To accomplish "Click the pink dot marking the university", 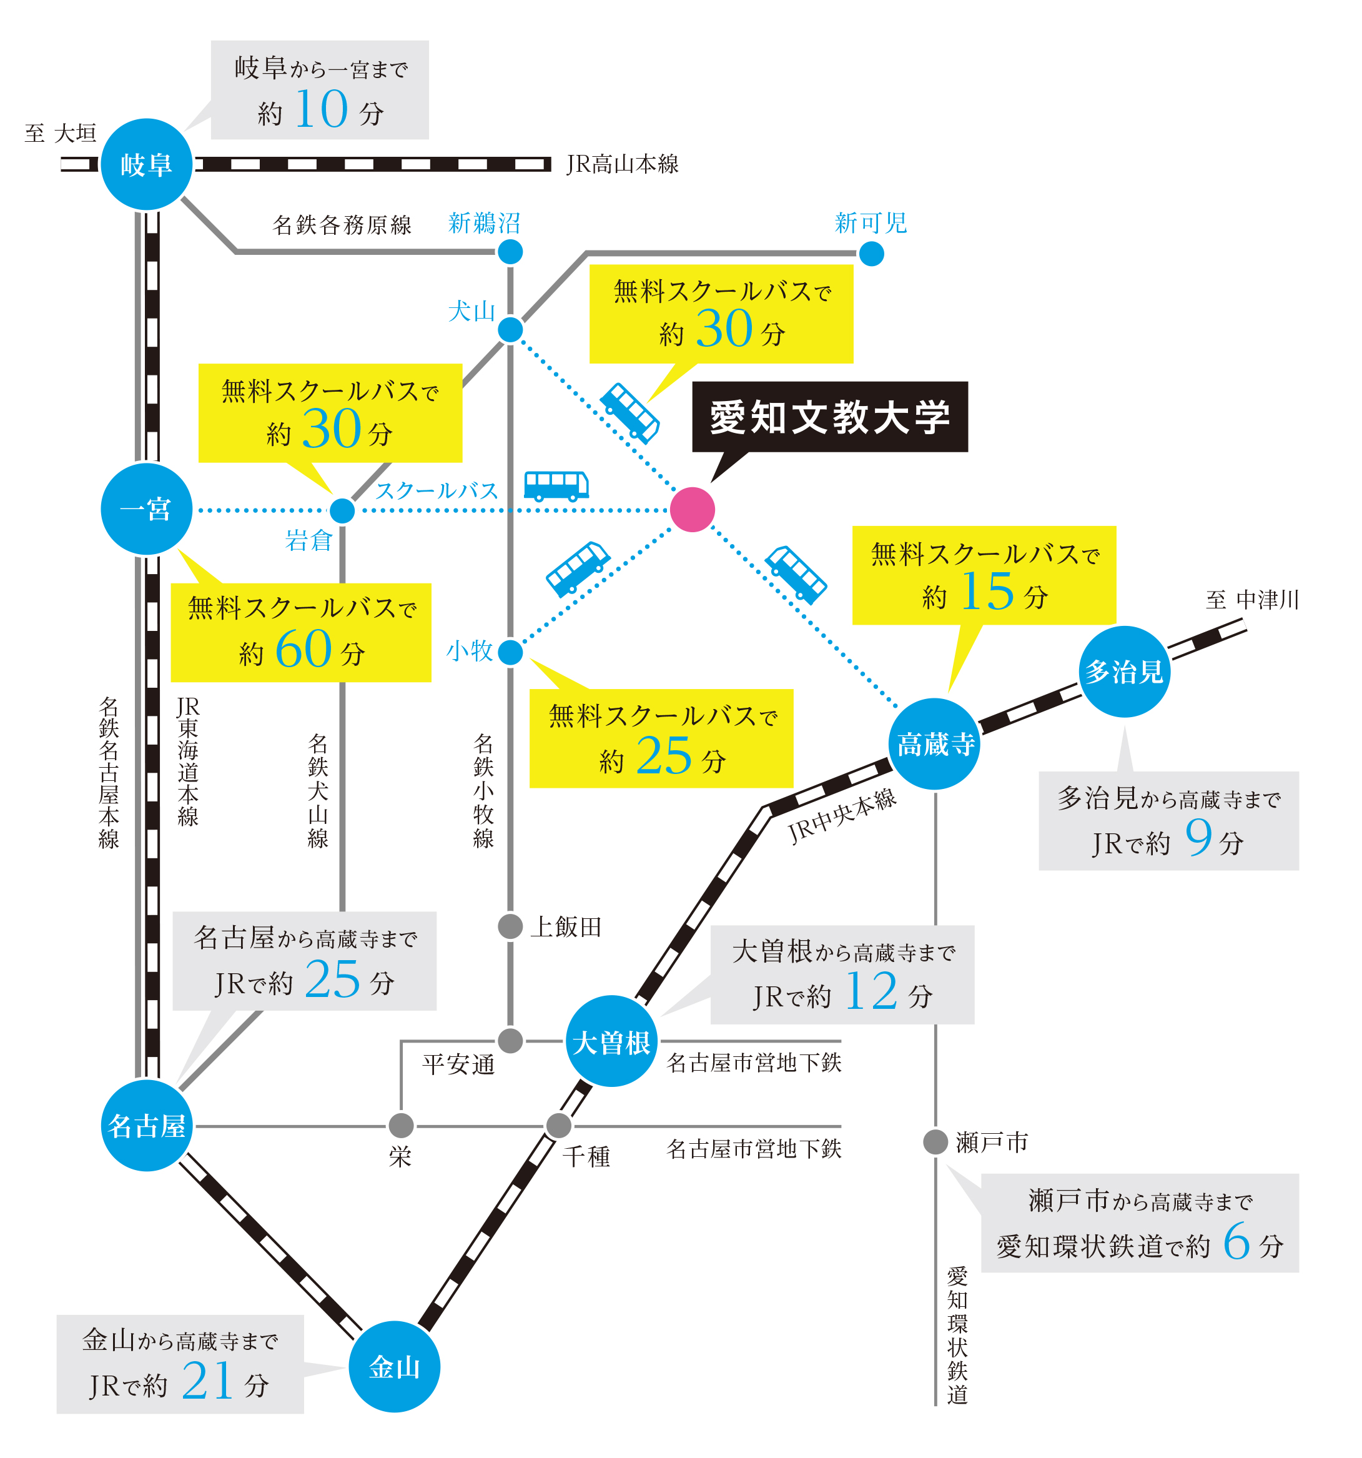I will [x=692, y=509].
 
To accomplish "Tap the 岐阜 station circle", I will [x=147, y=164].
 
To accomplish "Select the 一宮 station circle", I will [x=147, y=509].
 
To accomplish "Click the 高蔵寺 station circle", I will [x=935, y=743].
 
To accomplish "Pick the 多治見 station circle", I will [x=1124, y=671].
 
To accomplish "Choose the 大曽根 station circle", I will [x=611, y=1041].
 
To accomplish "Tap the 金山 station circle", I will [x=395, y=1366].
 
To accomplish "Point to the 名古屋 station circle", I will [x=147, y=1125].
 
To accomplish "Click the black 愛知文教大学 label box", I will [x=830, y=417].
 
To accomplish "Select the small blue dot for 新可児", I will [x=871, y=254].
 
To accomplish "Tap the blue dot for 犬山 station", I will [x=510, y=329].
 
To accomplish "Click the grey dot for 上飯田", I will [x=510, y=926].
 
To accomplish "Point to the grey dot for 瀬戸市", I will [x=935, y=1141].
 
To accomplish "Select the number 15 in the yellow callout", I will [x=987, y=590].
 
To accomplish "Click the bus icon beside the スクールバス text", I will [x=556, y=485].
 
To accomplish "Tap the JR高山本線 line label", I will [x=623, y=164].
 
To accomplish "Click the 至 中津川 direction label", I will [x=1252, y=600].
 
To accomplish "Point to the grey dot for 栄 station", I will [x=401, y=1125].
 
